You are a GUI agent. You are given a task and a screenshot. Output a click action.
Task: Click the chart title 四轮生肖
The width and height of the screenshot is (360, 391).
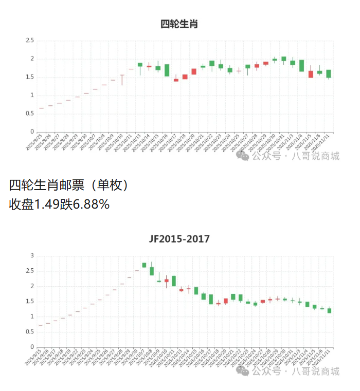[179, 24]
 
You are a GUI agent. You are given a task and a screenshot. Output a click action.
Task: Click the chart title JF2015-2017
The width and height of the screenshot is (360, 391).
[179, 239]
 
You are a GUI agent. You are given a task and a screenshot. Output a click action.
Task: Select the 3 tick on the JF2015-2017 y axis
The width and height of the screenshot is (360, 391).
[32, 255]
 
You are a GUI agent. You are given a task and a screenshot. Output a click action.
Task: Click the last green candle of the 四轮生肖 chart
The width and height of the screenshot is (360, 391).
[329, 73]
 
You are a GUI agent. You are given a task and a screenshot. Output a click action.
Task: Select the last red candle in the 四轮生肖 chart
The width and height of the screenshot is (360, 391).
[311, 74]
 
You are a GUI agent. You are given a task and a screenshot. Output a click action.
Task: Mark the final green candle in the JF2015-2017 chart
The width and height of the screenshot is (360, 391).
[329, 310]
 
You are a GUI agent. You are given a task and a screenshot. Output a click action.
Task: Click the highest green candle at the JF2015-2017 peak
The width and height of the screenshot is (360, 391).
[145, 265]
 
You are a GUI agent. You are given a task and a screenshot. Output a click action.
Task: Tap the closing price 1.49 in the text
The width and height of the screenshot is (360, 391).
[46, 204]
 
